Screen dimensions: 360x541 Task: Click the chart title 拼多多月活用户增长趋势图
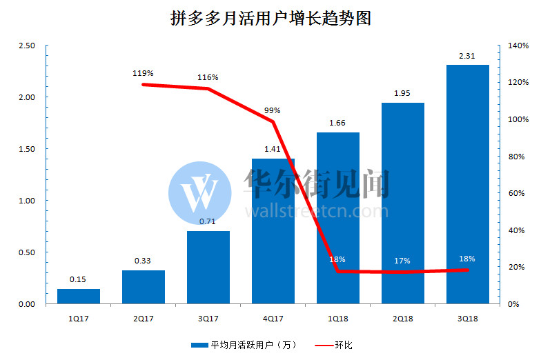pos(270,19)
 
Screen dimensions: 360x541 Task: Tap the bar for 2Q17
pos(144,286)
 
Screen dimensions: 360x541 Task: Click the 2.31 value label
pos(467,56)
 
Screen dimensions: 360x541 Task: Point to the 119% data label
pos(144,72)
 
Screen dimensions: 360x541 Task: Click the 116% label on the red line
pos(208,77)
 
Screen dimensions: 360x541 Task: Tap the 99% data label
pos(272,110)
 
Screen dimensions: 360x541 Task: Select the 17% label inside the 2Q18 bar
pos(402,261)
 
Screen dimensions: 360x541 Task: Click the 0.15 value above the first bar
pos(78,280)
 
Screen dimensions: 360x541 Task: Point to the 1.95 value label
pos(402,93)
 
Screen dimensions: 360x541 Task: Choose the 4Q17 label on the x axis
pos(273,318)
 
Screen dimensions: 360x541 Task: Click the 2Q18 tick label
pos(402,318)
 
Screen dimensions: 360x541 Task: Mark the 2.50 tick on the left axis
pos(28,46)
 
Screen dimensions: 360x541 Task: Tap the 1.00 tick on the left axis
pos(28,201)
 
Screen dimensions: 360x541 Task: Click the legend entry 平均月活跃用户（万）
pos(244,345)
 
